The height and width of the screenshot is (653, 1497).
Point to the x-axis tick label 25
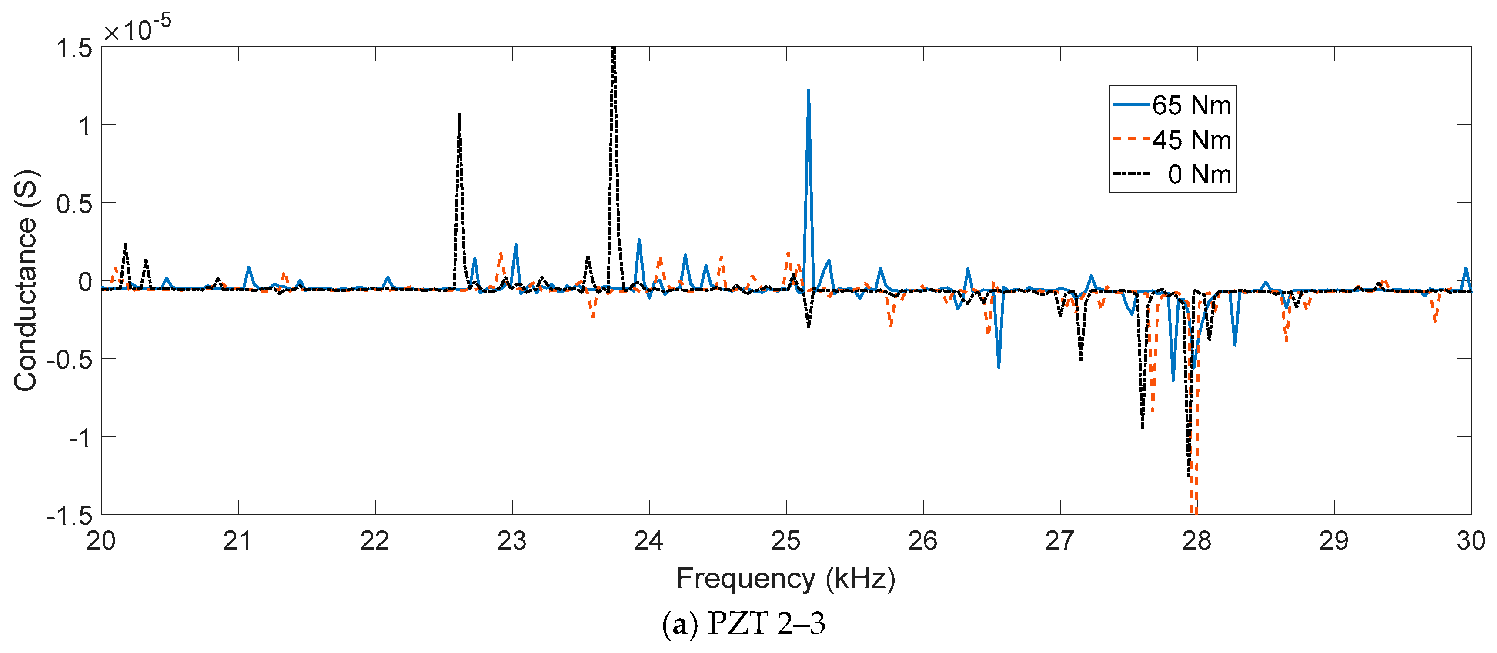pyautogui.click(x=786, y=541)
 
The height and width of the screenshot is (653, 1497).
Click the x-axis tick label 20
pyautogui.click(x=101, y=541)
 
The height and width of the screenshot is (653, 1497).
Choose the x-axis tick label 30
pyautogui.click(x=1470, y=541)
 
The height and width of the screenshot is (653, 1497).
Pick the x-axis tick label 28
pyautogui.click(x=1196, y=541)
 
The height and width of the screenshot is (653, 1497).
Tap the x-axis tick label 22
pyautogui.click(x=375, y=541)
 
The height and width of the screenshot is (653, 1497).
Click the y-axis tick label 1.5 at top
pyautogui.click(x=74, y=48)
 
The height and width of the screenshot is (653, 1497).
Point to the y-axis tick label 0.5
pyautogui.click(x=74, y=204)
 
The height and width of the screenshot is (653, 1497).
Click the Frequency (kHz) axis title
pyautogui.click(x=786, y=579)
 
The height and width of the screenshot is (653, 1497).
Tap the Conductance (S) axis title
pyautogui.click(x=26, y=280)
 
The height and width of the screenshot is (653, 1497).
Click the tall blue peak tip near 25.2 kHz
pyautogui.click(x=809, y=90)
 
